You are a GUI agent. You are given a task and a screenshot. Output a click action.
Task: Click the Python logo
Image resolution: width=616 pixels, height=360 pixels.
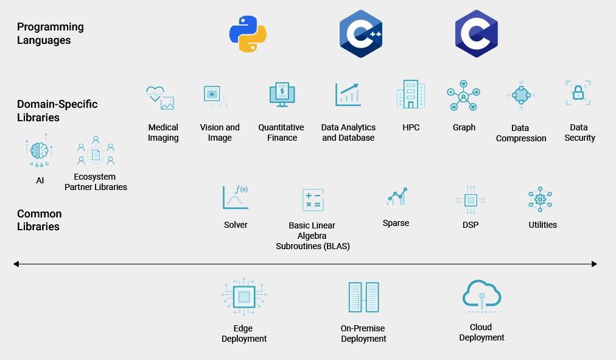coord(248,34)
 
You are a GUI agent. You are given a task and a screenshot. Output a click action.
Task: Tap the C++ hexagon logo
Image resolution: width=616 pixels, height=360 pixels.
coord(361,34)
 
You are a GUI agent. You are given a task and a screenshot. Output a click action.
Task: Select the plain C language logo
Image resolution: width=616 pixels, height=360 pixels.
coord(477,34)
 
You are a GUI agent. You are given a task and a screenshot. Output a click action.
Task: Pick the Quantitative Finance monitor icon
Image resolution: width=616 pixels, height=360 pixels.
coord(282,95)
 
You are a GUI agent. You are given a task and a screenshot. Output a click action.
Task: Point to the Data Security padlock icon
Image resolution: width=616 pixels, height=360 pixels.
coord(578,93)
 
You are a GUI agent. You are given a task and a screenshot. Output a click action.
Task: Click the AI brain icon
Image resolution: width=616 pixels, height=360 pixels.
coord(40,152)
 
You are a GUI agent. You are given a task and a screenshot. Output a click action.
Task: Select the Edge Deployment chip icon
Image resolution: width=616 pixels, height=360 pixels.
coord(244,297)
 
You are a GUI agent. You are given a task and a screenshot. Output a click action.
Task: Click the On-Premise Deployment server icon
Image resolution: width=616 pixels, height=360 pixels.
coord(363,297)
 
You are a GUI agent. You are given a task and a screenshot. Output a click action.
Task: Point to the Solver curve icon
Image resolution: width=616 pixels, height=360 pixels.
coord(236,197)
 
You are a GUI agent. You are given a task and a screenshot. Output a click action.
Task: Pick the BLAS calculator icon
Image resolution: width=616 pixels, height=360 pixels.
coord(313,200)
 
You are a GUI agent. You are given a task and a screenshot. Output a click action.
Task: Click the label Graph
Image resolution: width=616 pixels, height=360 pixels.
coord(464,127)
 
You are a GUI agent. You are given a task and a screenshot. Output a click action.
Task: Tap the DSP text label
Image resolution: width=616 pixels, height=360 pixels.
coord(471,225)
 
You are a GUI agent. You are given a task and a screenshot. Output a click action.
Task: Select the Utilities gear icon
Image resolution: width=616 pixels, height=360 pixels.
coord(540,199)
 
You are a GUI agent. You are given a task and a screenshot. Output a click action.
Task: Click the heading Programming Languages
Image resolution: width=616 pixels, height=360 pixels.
coord(51,34)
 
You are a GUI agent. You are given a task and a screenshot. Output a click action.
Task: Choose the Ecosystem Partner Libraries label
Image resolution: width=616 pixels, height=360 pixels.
coord(96,182)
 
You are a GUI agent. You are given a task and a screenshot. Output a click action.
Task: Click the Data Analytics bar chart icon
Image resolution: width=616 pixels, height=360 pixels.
coord(348,94)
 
